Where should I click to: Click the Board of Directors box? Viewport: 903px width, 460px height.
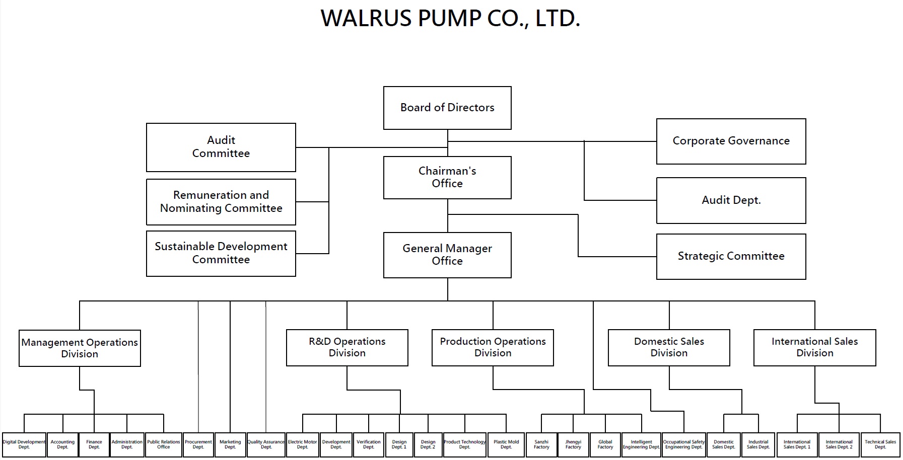click(447, 108)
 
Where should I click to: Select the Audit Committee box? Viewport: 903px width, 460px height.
click(221, 147)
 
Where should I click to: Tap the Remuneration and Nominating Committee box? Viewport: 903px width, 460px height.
click(221, 202)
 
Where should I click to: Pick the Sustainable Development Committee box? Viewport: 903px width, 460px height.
click(221, 253)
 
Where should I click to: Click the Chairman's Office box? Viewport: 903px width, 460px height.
click(447, 177)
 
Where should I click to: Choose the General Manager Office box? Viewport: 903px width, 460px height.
click(447, 255)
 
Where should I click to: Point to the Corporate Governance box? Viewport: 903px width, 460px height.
click(731, 141)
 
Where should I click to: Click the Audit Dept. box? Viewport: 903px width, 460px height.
click(731, 200)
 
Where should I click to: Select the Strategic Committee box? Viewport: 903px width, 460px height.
click(731, 256)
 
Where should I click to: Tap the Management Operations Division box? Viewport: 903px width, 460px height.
click(80, 348)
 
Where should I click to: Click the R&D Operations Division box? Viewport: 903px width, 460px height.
click(347, 347)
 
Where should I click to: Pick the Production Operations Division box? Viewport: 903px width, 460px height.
click(493, 347)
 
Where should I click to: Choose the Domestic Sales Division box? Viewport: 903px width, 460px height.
click(669, 347)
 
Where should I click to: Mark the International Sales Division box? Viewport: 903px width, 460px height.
click(814, 347)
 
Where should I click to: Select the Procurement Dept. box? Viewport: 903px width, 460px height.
click(198, 444)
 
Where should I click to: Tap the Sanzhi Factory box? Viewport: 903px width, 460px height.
click(541, 444)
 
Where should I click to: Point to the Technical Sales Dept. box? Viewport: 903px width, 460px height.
click(880, 444)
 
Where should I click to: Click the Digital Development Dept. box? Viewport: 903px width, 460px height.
click(24, 444)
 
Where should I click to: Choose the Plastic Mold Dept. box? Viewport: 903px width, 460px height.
click(506, 444)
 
